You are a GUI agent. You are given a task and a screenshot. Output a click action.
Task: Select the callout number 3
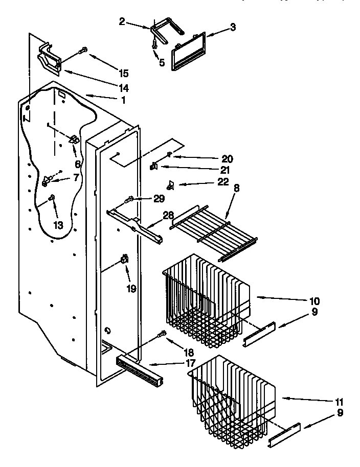(233, 28)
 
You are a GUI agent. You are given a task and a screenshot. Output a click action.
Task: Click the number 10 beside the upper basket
(314, 300)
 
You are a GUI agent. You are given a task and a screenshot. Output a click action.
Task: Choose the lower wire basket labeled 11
(233, 399)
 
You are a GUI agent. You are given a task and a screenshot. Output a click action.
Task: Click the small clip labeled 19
(124, 261)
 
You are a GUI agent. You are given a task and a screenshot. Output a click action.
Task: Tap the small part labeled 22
(171, 185)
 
